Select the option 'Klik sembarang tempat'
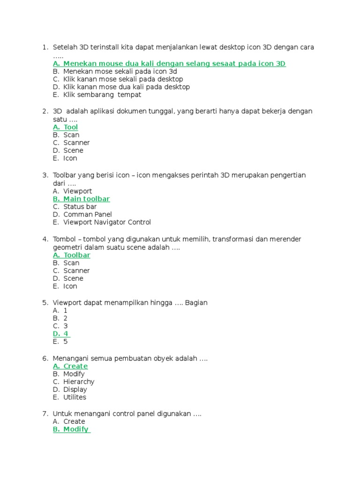102,95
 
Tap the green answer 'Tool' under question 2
71,127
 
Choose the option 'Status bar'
80,207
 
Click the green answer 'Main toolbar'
86,199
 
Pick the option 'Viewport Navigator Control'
107,222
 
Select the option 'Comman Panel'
88,215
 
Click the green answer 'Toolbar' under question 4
77,255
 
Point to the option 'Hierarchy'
79,382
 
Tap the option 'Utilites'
75,397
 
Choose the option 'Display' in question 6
75,390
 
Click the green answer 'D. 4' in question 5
61,334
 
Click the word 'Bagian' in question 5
196,303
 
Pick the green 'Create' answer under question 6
75,366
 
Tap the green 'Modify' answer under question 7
76,429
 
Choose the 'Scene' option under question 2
73,150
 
